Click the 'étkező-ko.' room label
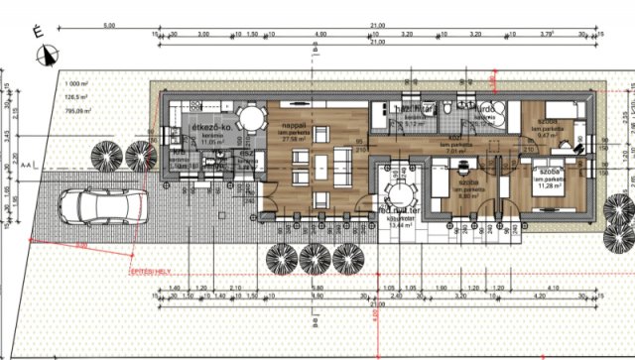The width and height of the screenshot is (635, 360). point(209,129)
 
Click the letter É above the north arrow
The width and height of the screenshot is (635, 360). point(39,32)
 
